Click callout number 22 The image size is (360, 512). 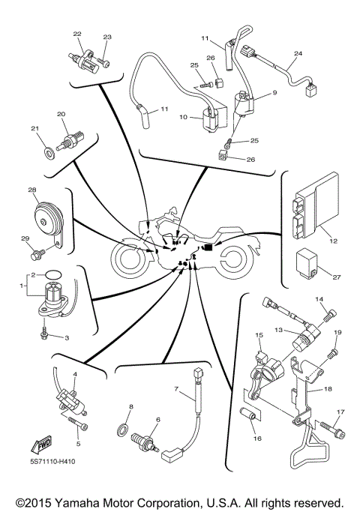(x=77, y=34)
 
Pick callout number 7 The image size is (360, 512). (x=177, y=391)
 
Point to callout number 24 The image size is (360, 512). (x=298, y=54)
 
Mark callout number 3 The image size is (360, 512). (x=67, y=338)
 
